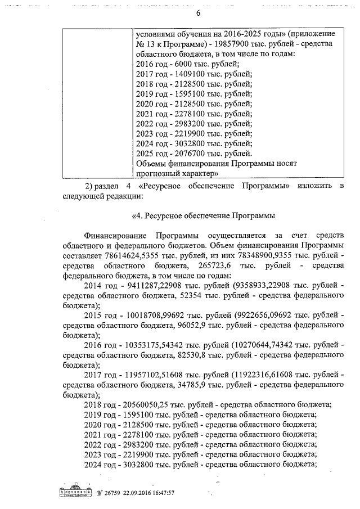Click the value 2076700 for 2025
coord(189,154)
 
